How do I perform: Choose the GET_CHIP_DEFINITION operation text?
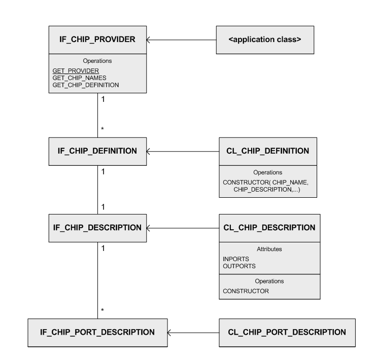click(86, 85)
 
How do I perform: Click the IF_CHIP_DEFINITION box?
click(98, 151)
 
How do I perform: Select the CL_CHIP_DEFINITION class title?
click(267, 151)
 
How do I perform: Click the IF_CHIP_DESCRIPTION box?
click(98, 228)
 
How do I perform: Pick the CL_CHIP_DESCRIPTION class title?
click(269, 228)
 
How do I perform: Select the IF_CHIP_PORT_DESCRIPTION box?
click(98, 332)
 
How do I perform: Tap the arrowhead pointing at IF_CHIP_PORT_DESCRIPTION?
click(171, 332)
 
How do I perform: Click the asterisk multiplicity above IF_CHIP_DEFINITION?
click(103, 129)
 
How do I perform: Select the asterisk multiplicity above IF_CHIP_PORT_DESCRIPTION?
click(103, 310)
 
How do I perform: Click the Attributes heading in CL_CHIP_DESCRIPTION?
click(269, 249)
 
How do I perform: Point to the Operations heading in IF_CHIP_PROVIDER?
click(98, 61)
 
